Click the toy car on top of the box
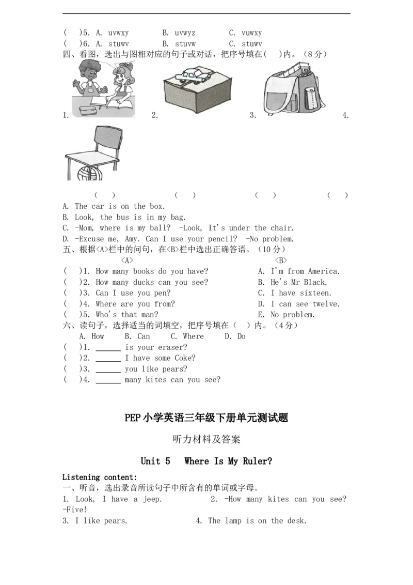193,76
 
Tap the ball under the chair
90,174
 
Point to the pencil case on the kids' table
88,111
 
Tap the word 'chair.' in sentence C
282,228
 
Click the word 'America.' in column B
324,271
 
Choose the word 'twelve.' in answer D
326,304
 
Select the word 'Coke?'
185,358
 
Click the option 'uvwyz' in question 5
185,33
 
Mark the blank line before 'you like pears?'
108,372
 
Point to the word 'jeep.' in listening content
152,499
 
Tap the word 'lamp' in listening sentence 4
233,521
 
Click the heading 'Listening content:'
100,477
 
